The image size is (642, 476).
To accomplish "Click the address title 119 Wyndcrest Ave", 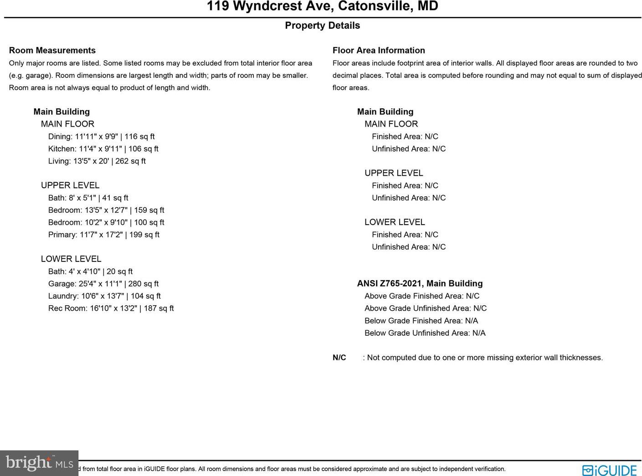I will click(322, 6).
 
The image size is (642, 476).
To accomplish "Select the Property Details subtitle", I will click(322, 26).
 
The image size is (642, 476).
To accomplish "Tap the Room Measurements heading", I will click(52, 51).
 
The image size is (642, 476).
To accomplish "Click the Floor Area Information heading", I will click(379, 51).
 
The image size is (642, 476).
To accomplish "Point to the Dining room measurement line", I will click(101, 137).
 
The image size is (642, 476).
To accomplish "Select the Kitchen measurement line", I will click(103, 149).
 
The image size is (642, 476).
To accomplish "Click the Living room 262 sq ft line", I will click(97, 161).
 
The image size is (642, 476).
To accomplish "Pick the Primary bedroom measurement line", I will click(103, 235).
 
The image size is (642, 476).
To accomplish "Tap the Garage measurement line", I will click(103, 284).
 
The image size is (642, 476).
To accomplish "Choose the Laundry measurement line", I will click(104, 296).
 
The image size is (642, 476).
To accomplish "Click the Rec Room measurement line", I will click(111, 308).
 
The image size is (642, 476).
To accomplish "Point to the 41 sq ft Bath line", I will click(88, 198).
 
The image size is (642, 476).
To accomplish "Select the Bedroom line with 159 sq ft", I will click(106, 210).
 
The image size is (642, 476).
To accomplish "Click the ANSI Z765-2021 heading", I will click(420, 284).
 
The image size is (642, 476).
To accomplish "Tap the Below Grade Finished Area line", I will click(421, 321).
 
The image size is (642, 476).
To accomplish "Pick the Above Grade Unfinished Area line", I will click(426, 308).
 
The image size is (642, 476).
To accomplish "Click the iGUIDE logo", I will click(609, 470).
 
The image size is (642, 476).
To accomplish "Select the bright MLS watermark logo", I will click(39, 463).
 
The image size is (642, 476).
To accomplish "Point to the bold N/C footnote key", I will click(339, 358).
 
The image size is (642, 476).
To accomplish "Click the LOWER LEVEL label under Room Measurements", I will click(71, 259).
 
